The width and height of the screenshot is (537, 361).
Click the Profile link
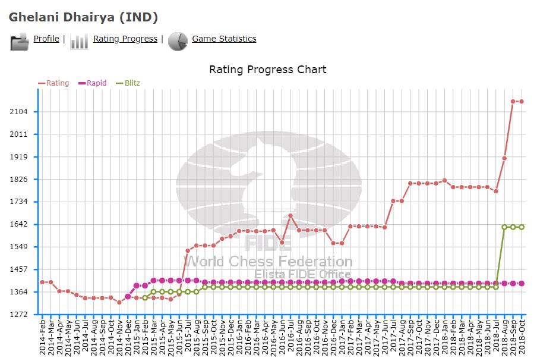tap(46, 39)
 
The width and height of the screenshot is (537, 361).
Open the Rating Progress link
tap(125, 39)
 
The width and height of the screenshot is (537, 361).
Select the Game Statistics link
tap(224, 39)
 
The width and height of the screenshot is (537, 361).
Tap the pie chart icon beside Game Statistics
tap(178, 41)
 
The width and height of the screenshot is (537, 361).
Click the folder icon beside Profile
tap(20, 42)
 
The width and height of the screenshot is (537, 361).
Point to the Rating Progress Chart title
tap(267, 70)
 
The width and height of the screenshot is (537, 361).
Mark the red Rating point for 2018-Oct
tap(521, 102)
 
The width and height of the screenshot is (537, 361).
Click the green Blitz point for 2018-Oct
tap(521, 227)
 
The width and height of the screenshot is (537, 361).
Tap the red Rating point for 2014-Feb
tap(42, 282)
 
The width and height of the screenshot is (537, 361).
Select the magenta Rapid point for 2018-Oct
tap(521, 284)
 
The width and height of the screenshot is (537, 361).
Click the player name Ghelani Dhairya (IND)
tap(83, 17)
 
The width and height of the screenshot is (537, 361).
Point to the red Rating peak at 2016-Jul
tap(290, 216)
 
